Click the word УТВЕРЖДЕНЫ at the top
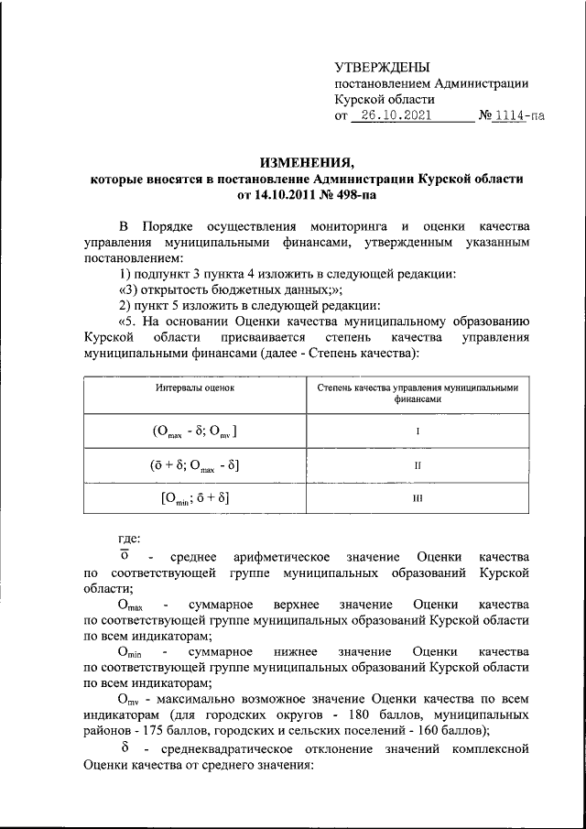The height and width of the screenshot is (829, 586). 382,66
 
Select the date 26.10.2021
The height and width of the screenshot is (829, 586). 396,116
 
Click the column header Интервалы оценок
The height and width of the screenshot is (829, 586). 194,388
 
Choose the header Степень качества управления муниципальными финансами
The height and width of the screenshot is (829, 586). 417,394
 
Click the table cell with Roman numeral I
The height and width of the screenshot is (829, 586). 417,431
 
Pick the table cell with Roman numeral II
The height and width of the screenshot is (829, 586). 417,465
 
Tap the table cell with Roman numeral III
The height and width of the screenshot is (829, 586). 417,499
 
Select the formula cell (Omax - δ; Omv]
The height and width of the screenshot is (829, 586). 194,431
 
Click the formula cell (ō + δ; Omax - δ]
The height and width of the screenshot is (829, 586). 194,465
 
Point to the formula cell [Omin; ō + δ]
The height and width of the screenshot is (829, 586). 194,499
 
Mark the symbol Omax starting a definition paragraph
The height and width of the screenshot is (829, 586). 131,605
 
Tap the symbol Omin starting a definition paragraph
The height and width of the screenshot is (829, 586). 131,651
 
